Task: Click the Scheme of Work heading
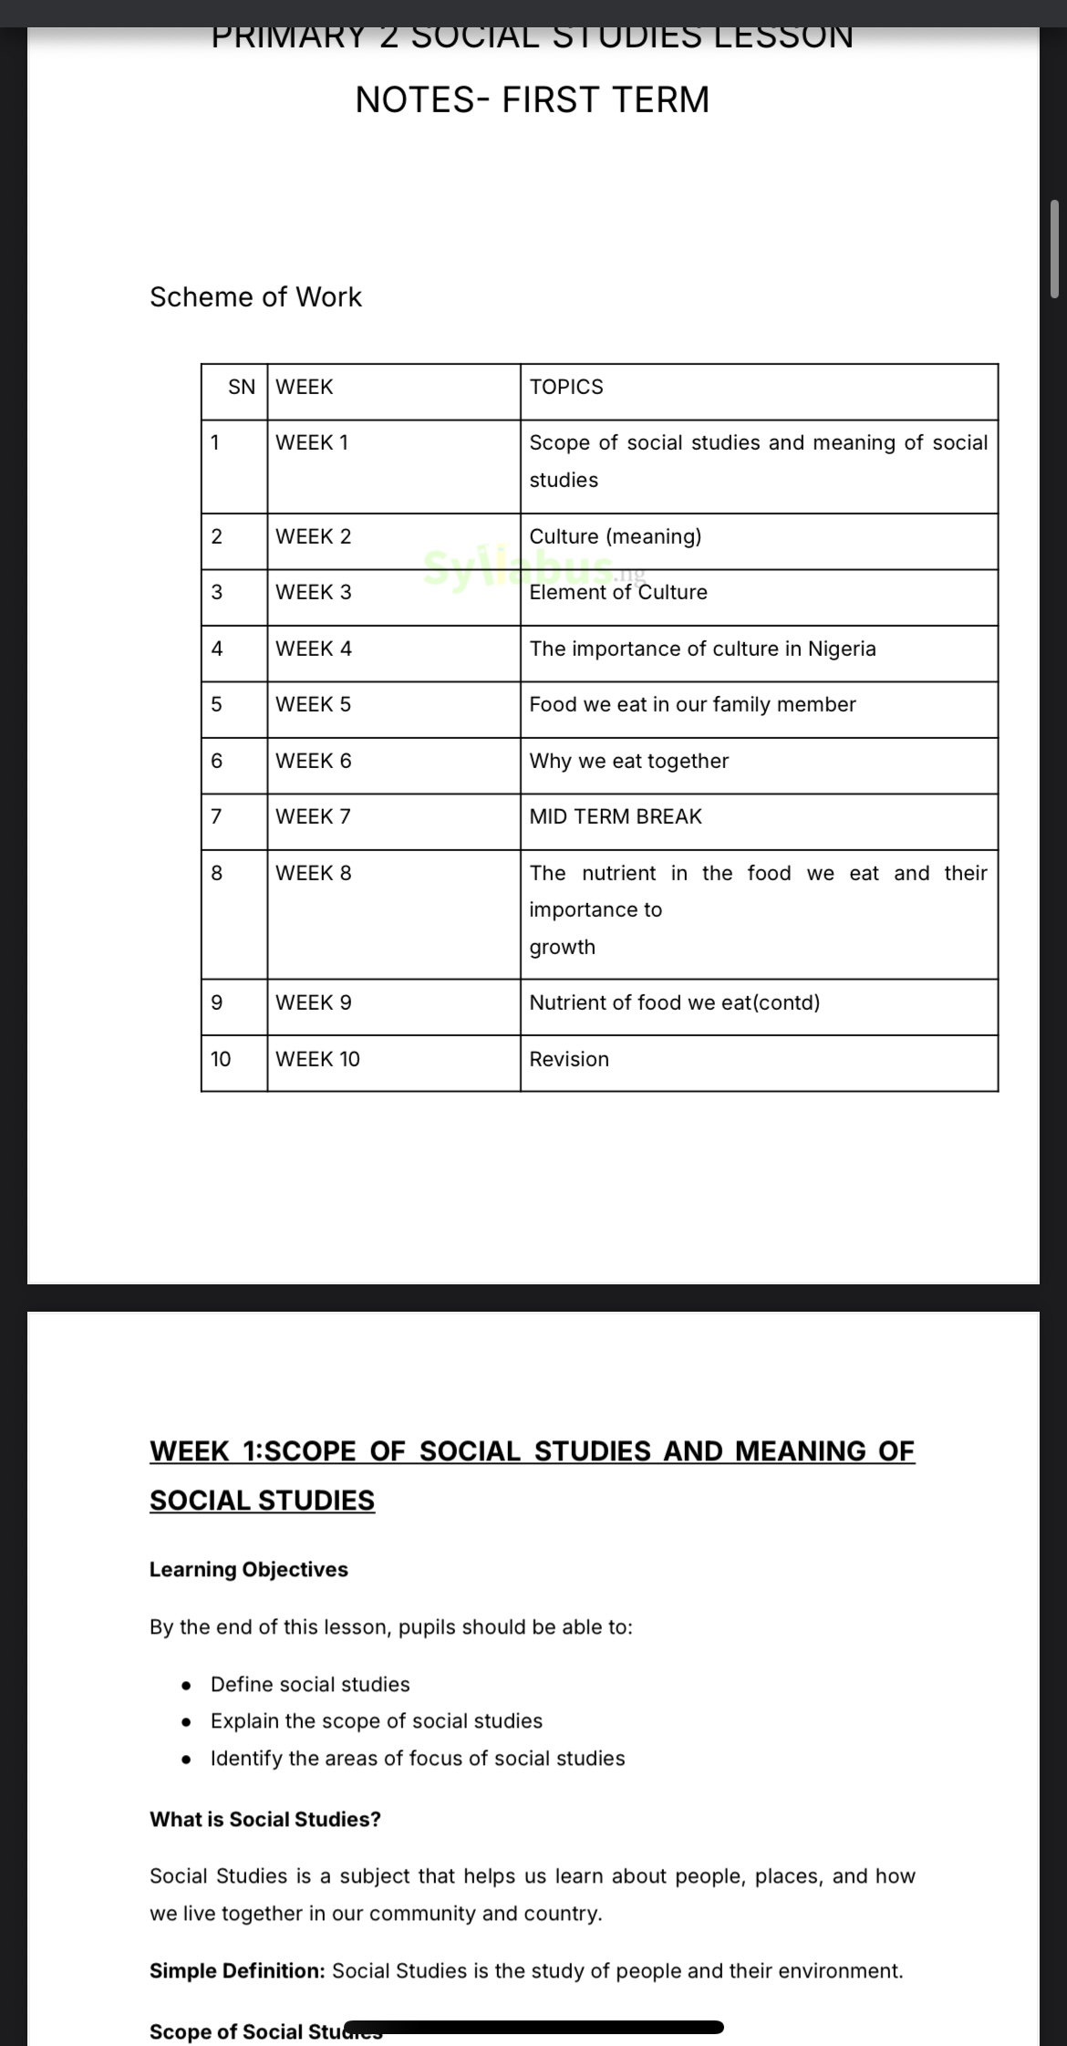point(255,296)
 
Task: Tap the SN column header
point(242,387)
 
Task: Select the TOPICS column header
point(566,387)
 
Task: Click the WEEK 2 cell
point(313,536)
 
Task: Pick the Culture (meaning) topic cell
point(616,536)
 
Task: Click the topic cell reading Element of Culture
point(618,593)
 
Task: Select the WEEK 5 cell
point(313,704)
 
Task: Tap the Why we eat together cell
point(629,761)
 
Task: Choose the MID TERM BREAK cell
point(616,816)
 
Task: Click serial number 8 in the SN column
point(216,873)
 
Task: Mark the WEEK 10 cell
point(317,1059)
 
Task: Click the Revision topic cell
point(569,1059)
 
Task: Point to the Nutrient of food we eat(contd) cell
point(675,1002)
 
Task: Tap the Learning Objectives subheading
point(249,1569)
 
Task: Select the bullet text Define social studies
point(310,1684)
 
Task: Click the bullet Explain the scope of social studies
point(376,1720)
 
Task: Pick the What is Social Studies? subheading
point(265,1819)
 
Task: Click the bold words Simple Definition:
point(237,1970)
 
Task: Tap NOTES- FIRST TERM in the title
point(533,99)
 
